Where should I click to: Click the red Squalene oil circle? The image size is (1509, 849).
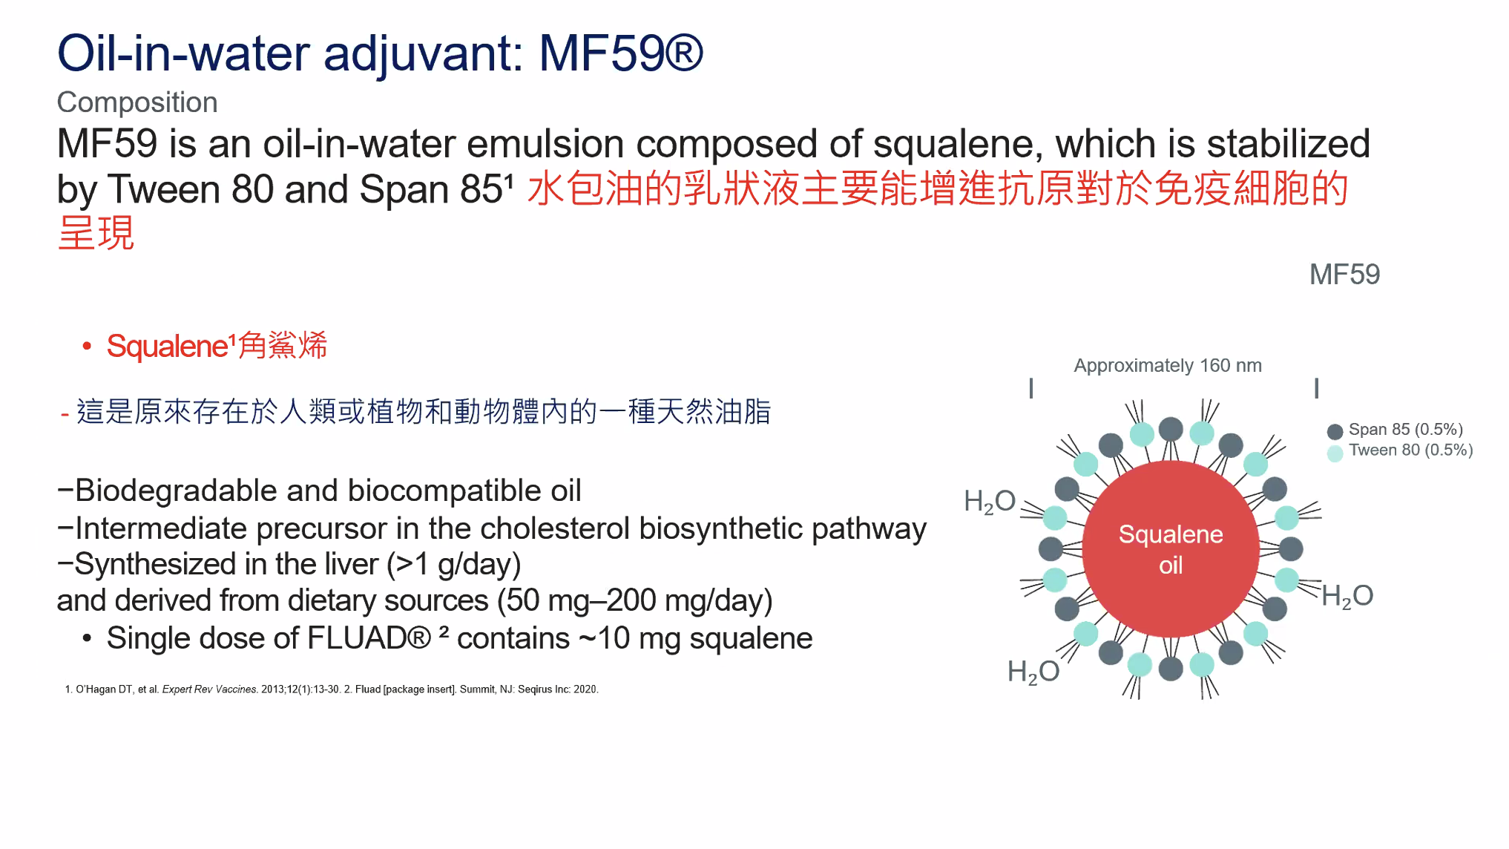point(1170,549)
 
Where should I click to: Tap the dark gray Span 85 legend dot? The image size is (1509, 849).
point(1335,431)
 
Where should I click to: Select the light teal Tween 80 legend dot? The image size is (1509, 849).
point(1335,453)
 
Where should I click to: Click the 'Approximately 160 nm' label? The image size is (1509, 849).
point(1168,365)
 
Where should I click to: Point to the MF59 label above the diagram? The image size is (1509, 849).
point(1344,275)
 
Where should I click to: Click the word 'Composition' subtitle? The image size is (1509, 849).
point(137,102)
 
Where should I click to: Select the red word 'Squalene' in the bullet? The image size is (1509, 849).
point(167,346)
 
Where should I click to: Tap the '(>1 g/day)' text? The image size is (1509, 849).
point(454,565)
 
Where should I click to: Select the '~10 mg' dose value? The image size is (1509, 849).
point(630,638)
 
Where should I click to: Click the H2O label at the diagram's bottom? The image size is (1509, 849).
point(1033,672)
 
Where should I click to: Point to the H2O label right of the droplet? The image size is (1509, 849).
point(1347,596)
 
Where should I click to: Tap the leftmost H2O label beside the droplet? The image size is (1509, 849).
point(990,502)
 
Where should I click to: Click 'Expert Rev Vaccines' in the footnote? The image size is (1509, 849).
point(209,689)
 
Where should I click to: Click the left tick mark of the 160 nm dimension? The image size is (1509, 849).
point(1031,388)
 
